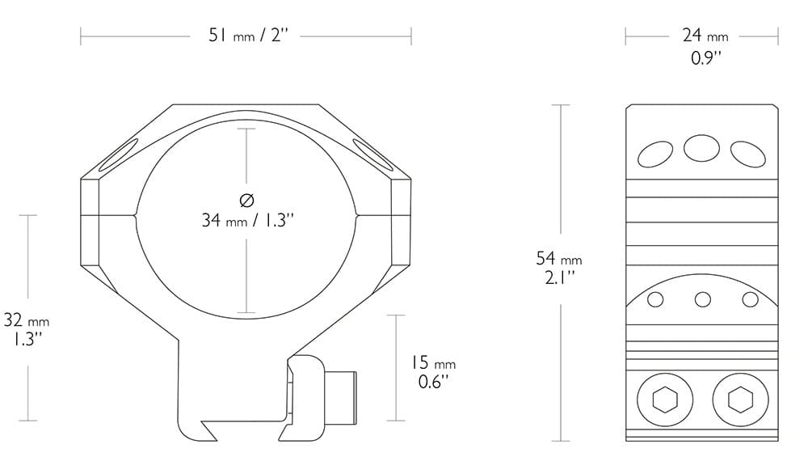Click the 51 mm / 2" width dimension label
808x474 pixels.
pyautogui.click(x=246, y=36)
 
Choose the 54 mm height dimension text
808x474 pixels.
pyautogui.click(x=558, y=260)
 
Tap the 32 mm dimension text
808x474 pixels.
pyautogui.click(x=27, y=320)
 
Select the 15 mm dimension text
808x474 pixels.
pyautogui.click(x=433, y=364)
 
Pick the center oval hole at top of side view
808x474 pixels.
pyautogui.click(x=701, y=147)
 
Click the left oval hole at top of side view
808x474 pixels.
pyautogui.click(x=655, y=152)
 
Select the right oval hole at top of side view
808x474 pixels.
pyautogui.click(x=748, y=152)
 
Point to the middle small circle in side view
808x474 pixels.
pyautogui.click(x=702, y=300)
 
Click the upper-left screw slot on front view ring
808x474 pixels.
pyautogui.click(x=118, y=156)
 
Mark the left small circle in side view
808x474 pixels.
pyautogui.click(x=655, y=300)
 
